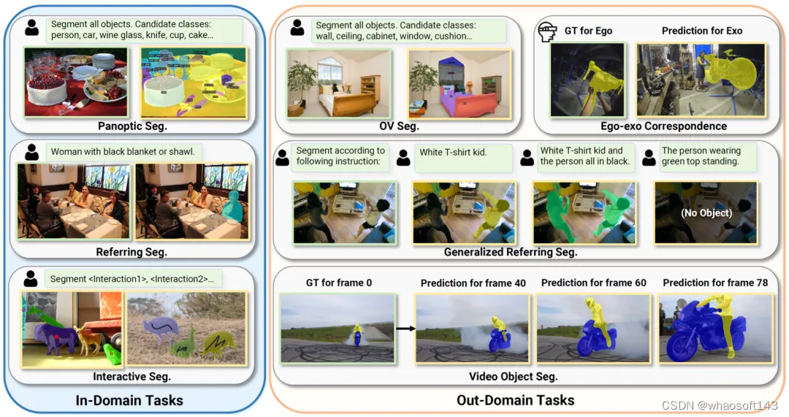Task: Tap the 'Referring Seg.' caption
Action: click(131, 252)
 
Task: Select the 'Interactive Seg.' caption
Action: click(131, 377)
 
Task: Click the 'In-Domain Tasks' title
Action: click(129, 400)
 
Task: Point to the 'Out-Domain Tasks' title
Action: click(516, 400)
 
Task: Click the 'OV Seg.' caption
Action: click(399, 126)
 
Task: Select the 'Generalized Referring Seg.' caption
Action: click(511, 252)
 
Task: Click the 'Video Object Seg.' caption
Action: click(513, 377)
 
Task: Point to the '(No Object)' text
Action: click(706, 214)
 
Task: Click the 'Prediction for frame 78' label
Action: click(715, 283)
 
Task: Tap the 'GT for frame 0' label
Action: click(338, 283)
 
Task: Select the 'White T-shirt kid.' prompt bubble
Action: click(453, 153)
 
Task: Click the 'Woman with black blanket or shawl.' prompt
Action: click(123, 152)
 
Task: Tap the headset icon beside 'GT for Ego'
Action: click(546, 31)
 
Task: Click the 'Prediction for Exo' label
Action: click(702, 31)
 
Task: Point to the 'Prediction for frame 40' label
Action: click(473, 283)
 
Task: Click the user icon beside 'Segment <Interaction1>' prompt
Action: click(31, 278)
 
